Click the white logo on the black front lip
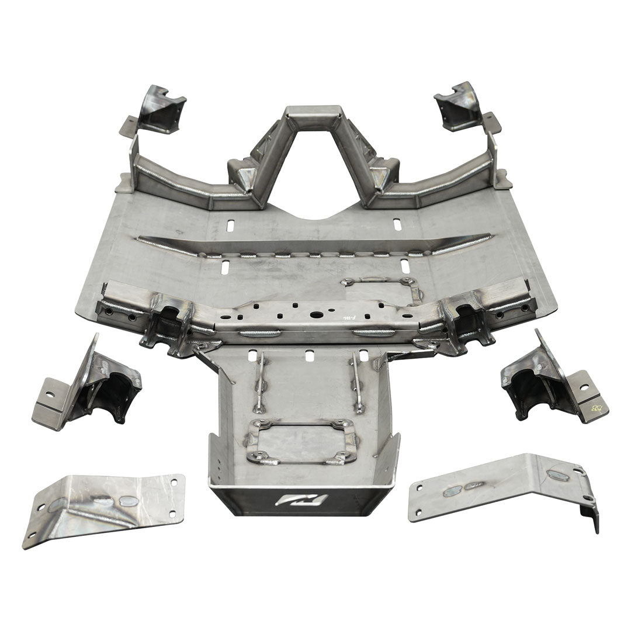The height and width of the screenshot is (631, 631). point(302,500)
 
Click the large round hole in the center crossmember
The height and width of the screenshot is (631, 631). point(316,314)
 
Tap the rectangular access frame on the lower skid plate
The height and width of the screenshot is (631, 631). point(301,442)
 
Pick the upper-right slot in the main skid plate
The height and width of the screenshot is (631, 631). point(397,224)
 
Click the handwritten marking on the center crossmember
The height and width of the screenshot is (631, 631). point(349,316)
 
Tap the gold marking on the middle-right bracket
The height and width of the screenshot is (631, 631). point(595,407)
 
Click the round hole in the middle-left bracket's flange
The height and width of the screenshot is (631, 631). point(50,394)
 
